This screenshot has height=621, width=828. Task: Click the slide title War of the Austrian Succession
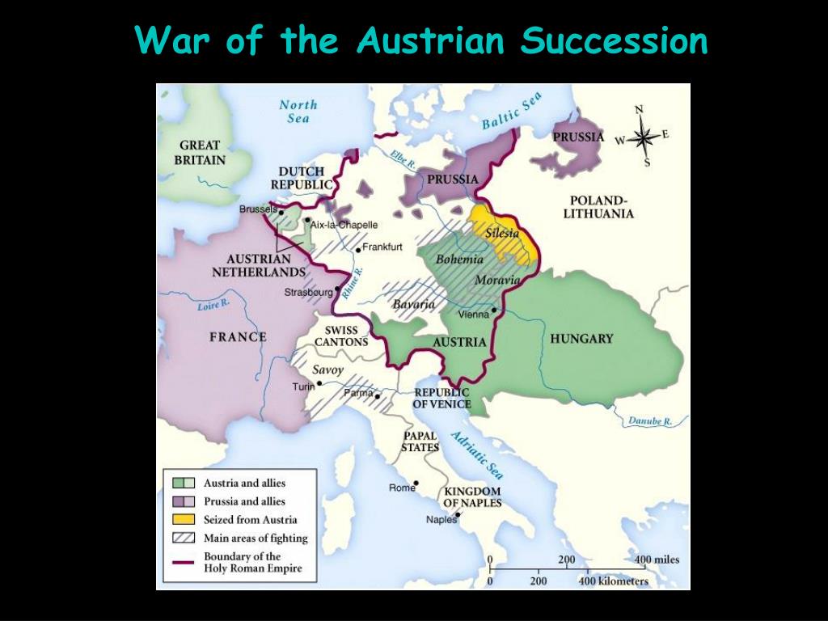coord(420,40)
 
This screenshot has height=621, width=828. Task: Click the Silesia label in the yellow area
coord(502,233)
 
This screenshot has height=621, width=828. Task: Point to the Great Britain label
coord(200,153)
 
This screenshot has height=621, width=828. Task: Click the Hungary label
coord(581,339)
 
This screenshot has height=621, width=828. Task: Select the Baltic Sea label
coord(511,112)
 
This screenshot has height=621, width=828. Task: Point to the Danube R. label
coord(650,421)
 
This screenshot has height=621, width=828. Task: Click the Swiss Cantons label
coord(341,336)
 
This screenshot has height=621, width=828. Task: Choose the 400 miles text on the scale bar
coord(657,560)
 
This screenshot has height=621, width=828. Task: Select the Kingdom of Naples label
coord(472,496)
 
